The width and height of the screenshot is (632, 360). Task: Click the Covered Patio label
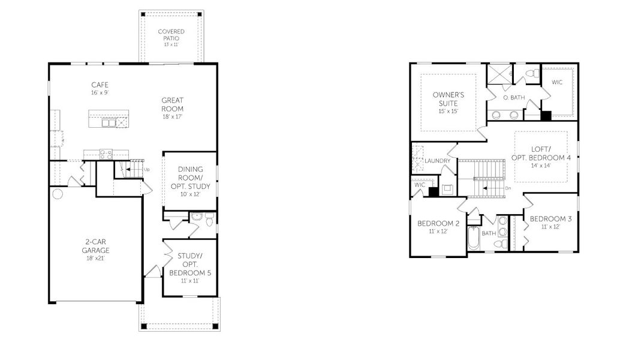coord(171,38)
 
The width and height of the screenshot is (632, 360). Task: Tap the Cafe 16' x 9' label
coord(100,88)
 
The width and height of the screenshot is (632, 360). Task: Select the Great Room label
coord(171,108)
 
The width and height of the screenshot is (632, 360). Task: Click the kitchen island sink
coord(109,122)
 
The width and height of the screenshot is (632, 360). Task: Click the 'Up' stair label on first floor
coord(147,170)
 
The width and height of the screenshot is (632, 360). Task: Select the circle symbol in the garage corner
coord(58,194)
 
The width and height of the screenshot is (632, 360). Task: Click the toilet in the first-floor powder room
coord(209,222)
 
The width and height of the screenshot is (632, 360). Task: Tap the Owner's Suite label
coord(449,103)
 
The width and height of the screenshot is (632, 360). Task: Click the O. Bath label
coord(514,98)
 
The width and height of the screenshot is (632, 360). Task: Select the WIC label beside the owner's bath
coord(557,82)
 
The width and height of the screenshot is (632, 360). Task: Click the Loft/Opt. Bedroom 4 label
coord(541,157)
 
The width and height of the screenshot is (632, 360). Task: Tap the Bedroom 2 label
coord(438,227)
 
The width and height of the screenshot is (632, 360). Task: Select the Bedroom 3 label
coord(550,222)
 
